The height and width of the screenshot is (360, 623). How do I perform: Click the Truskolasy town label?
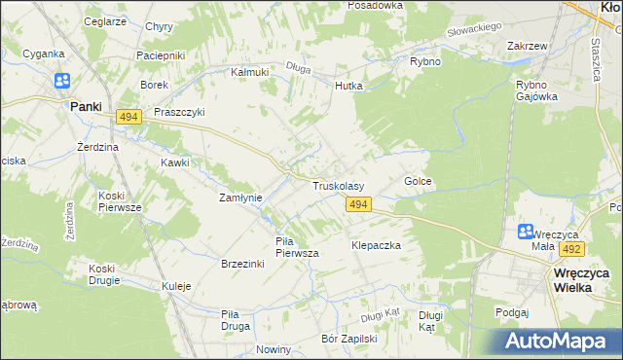coord(338,185)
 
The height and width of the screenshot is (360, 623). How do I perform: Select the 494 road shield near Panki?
coord(128,117)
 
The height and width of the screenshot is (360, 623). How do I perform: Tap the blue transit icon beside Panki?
coord(62,82)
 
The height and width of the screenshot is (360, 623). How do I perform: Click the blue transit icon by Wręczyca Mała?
coord(526,232)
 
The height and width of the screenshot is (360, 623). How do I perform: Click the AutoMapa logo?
coord(561,341)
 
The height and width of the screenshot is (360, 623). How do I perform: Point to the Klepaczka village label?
coord(377,246)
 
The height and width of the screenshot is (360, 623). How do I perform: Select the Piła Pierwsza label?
coord(298,247)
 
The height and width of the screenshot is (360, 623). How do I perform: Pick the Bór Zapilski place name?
coord(348,340)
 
